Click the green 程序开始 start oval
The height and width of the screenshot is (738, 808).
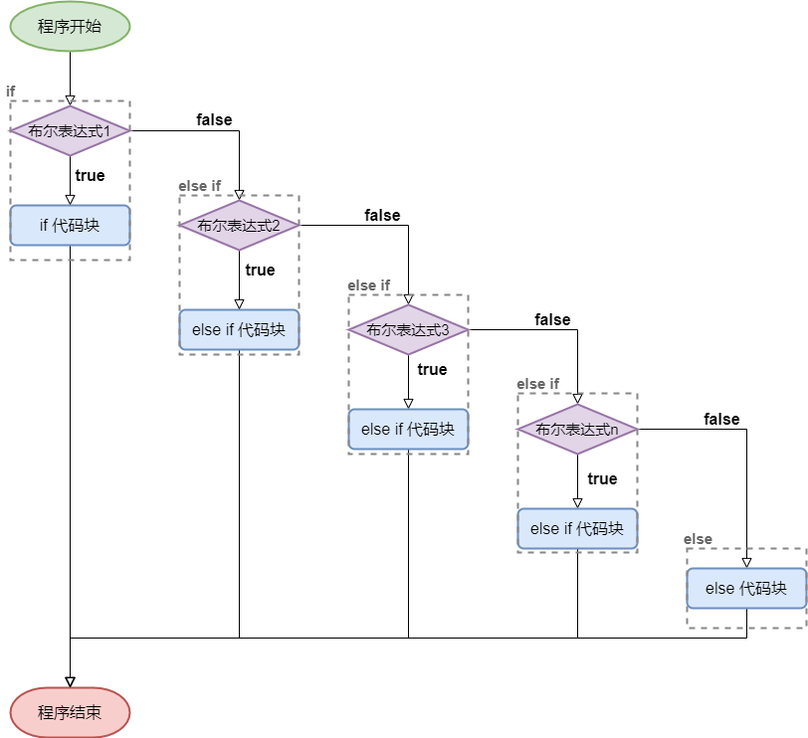click(x=70, y=27)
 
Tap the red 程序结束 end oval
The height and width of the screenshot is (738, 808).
click(x=70, y=712)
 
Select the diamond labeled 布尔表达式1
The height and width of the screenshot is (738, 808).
click(x=70, y=130)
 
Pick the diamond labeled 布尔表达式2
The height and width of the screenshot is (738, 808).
click(x=239, y=225)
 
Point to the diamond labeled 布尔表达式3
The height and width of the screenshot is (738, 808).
click(x=408, y=329)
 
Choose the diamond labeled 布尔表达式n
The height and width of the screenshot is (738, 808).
click(x=577, y=429)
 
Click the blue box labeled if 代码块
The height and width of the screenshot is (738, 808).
click(x=70, y=226)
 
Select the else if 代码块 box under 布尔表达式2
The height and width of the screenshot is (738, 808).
click(x=239, y=330)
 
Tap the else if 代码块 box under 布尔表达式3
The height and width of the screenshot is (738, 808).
click(x=408, y=430)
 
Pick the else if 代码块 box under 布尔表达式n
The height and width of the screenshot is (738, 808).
click(x=577, y=529)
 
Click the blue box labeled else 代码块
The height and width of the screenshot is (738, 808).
click(x=746, y=589)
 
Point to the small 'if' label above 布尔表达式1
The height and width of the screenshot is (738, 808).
click(x=11, y=92)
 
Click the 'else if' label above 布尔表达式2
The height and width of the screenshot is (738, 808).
click(x=200, y=186)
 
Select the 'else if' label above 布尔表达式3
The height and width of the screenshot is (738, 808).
click(x=369, y=285)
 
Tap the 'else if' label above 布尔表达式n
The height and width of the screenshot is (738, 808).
click(x=538, y=384)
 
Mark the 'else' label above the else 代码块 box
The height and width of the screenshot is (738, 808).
click(x=699, y=539)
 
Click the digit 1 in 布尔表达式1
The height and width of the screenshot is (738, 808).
click(x=121, y=131)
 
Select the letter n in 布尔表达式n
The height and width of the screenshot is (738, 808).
click(x=615, y=430)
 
